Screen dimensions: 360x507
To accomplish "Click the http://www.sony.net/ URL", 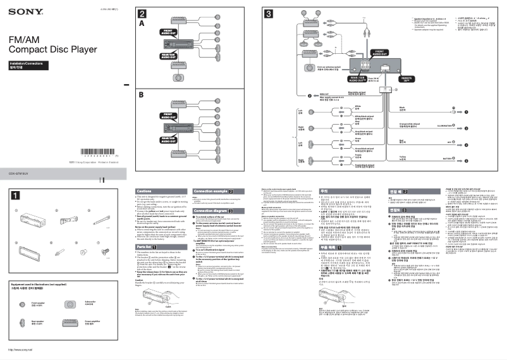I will point(20,349).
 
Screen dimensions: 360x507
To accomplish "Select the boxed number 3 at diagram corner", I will point(269,14).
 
